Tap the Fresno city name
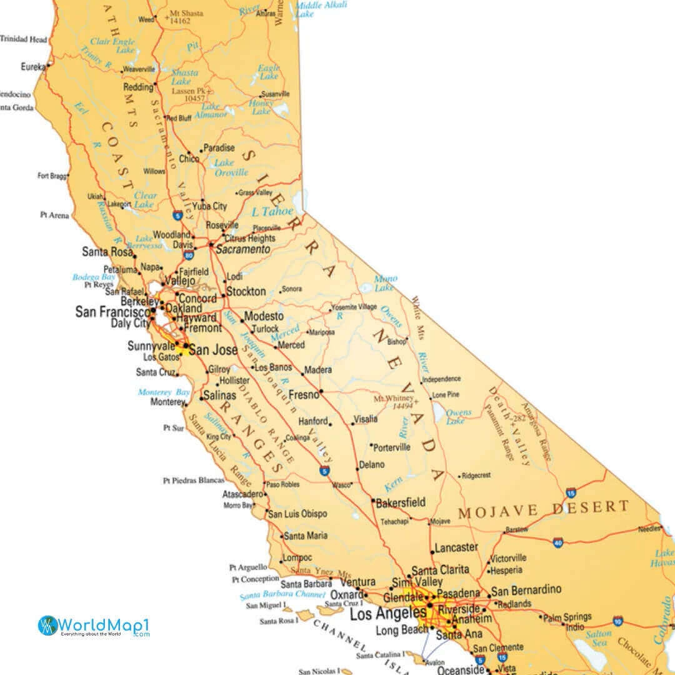coord(304,395)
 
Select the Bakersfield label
coord(401,502)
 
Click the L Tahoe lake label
coord(272,211)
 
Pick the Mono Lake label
coord(385,283)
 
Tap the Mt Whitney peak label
coord(394,402)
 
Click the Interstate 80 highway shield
coord(188,254)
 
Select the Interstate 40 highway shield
coord(558,542)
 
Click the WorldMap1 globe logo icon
coord(48,626)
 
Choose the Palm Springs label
coord(567,617)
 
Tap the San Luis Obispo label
coord(297,514)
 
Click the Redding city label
coord(138,87)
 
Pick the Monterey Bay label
coord(164,392)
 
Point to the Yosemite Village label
coord(354,307)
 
